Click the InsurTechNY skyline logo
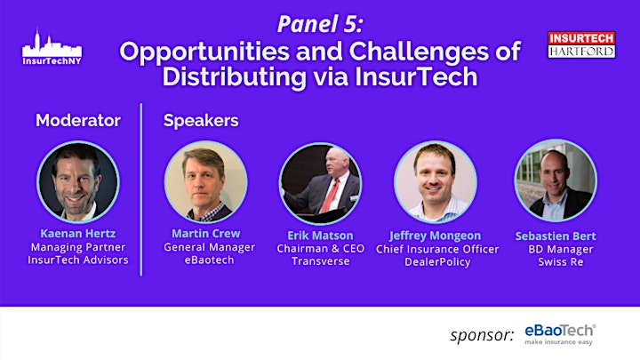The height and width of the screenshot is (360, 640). coord(52,47)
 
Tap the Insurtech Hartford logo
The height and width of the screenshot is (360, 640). coord(581,45)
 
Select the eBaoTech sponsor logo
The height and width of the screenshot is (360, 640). coord(560,334)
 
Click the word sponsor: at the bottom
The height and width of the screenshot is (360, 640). coord(482,335)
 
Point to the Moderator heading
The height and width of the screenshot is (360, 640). coord(78,120)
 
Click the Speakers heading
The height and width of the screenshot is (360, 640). coord(201,121)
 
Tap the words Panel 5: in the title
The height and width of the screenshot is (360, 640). coord(320,24)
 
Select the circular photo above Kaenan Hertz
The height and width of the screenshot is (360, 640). coord(78,182)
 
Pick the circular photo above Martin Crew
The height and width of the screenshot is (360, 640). coord(205,182)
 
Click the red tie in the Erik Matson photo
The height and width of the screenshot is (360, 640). coord(330,195)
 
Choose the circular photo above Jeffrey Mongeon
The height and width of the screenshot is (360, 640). coord(436,182)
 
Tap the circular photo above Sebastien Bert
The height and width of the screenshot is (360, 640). coord(556,180)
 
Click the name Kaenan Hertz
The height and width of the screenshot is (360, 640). coord(78,234)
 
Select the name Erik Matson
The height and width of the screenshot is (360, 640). coord(320,236)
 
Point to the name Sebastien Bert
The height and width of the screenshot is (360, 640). coord(556,236)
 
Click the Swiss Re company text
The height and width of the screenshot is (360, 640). coord(560,261)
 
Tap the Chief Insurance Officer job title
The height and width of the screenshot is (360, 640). coord(437,249)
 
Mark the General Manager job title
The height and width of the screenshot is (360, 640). coord(210,247)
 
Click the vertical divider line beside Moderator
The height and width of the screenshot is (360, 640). coord(141,189)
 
